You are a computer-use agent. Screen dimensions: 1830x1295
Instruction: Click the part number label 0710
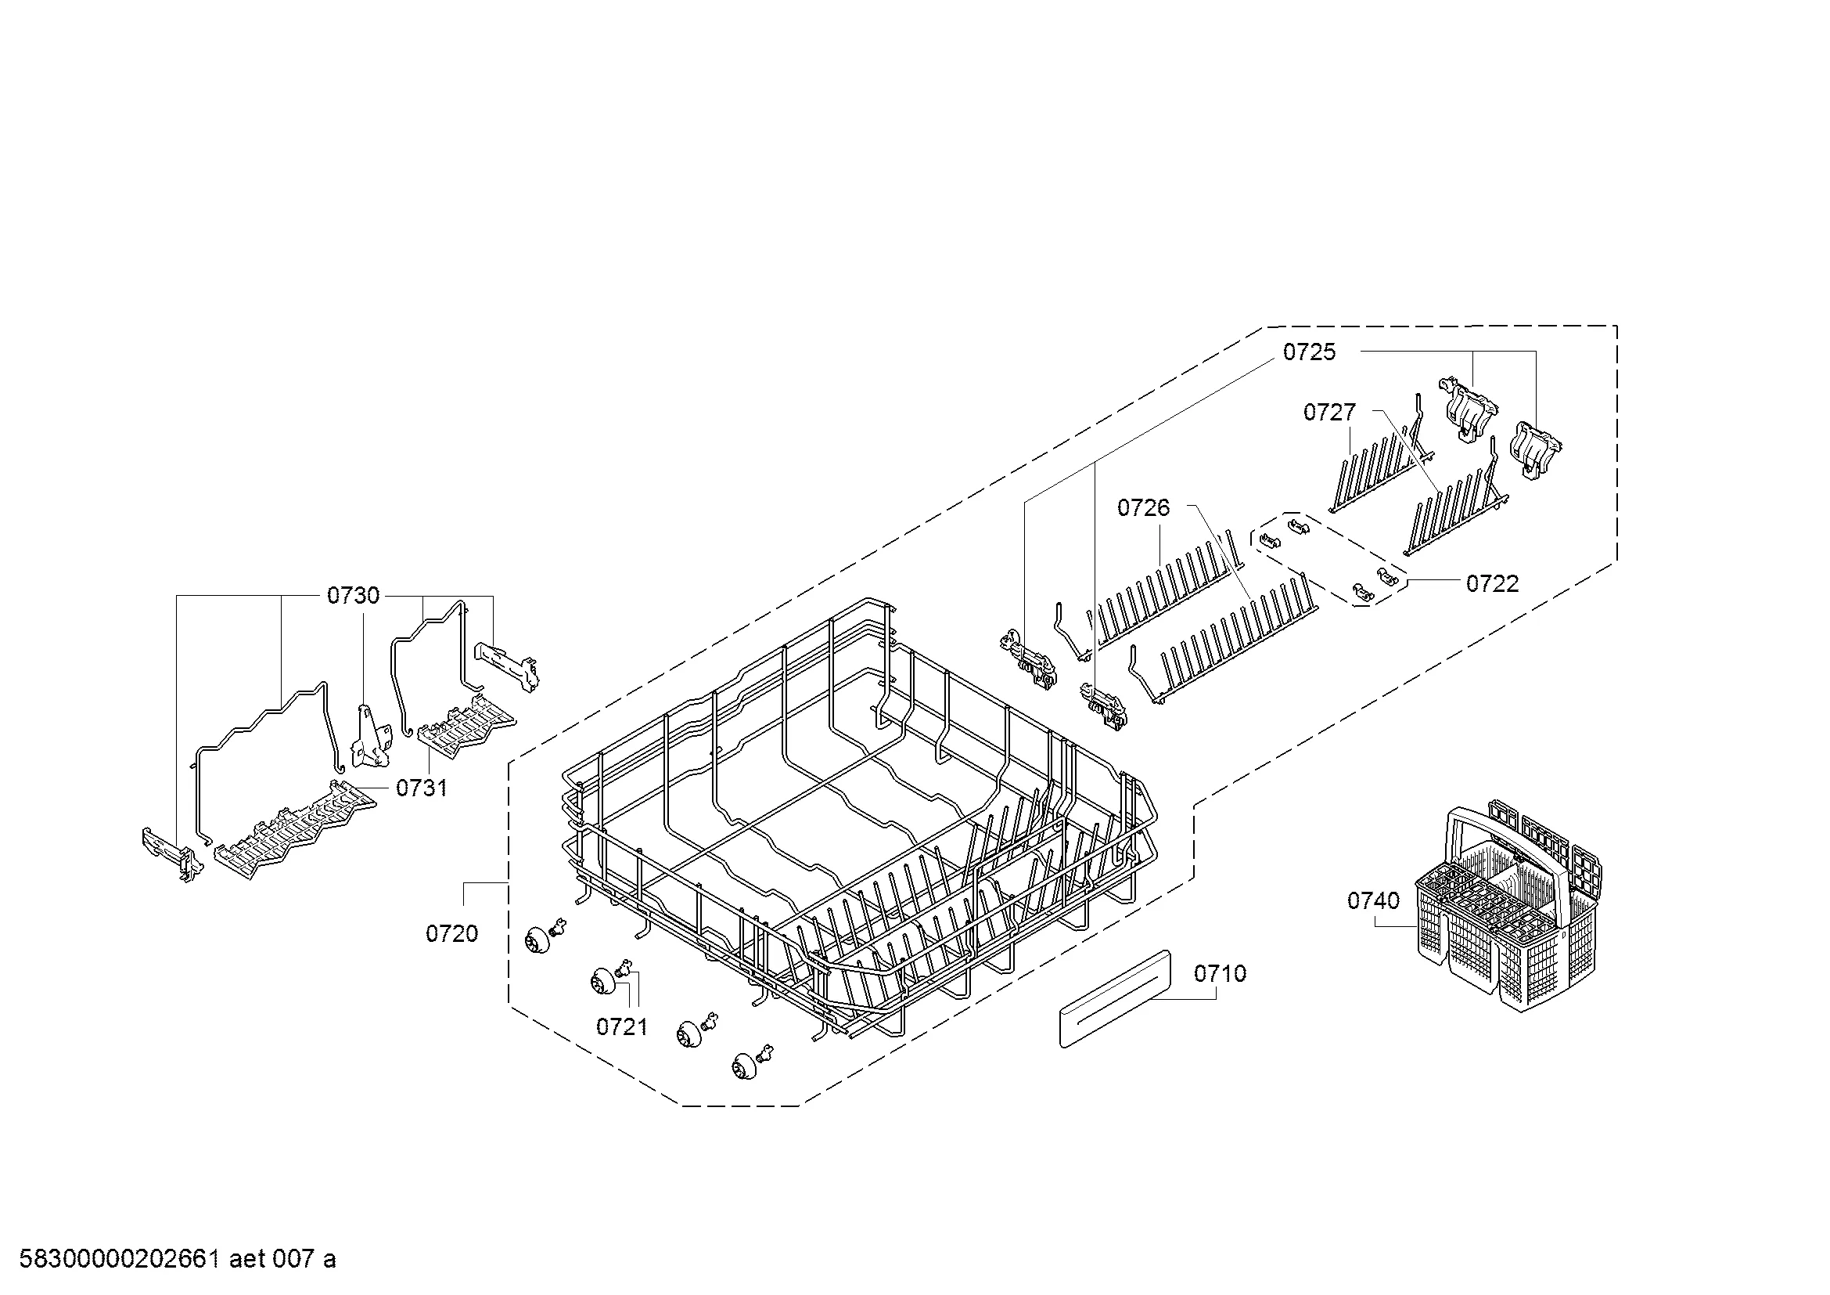[1221, 974]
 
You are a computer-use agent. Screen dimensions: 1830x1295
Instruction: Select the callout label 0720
[452, 934]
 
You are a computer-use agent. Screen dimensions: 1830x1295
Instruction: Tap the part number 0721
[623, 1027]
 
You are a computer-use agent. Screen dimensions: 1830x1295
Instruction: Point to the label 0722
[1493, 584]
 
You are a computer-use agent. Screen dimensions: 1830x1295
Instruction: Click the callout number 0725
[1310, 352]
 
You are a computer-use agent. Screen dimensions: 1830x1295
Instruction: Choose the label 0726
[1144, 507]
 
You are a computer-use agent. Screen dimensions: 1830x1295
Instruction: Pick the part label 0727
[1329, 412]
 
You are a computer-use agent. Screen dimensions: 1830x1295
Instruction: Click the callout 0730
[353, 596]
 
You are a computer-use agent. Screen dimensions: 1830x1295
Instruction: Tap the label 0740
[1373, 900]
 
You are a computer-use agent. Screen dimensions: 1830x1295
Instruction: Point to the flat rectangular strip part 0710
[1115, 998]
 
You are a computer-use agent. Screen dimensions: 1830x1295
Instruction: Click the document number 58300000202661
[119, 1259]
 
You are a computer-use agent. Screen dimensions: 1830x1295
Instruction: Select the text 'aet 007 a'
[282, 1259]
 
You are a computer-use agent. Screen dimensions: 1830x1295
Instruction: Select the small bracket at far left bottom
[173, 856]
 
